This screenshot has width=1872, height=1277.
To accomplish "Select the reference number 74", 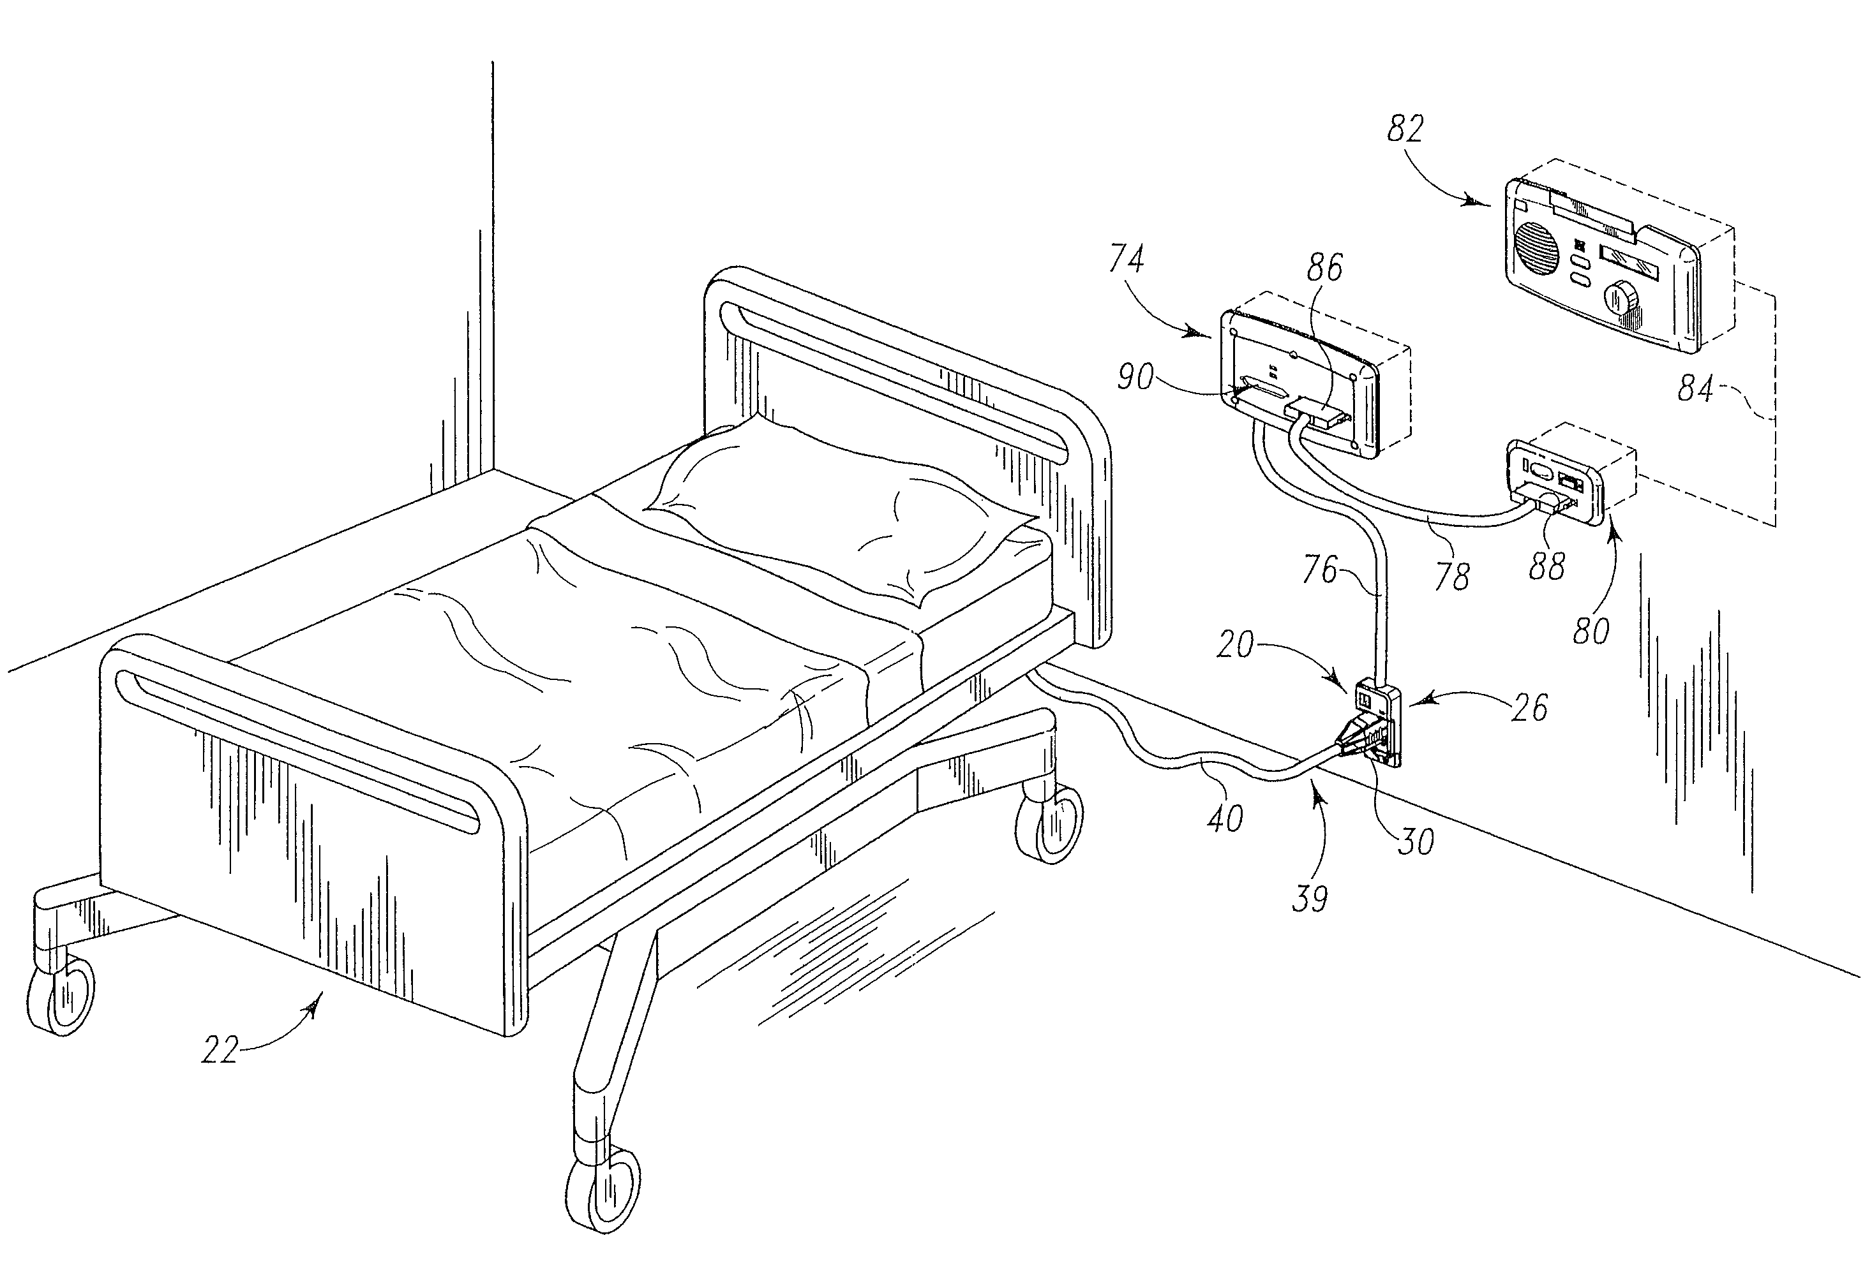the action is coord(1126,260).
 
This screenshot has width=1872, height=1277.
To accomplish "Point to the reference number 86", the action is coord(1324,268).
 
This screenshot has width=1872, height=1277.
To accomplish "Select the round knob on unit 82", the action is coord(1618,301).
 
